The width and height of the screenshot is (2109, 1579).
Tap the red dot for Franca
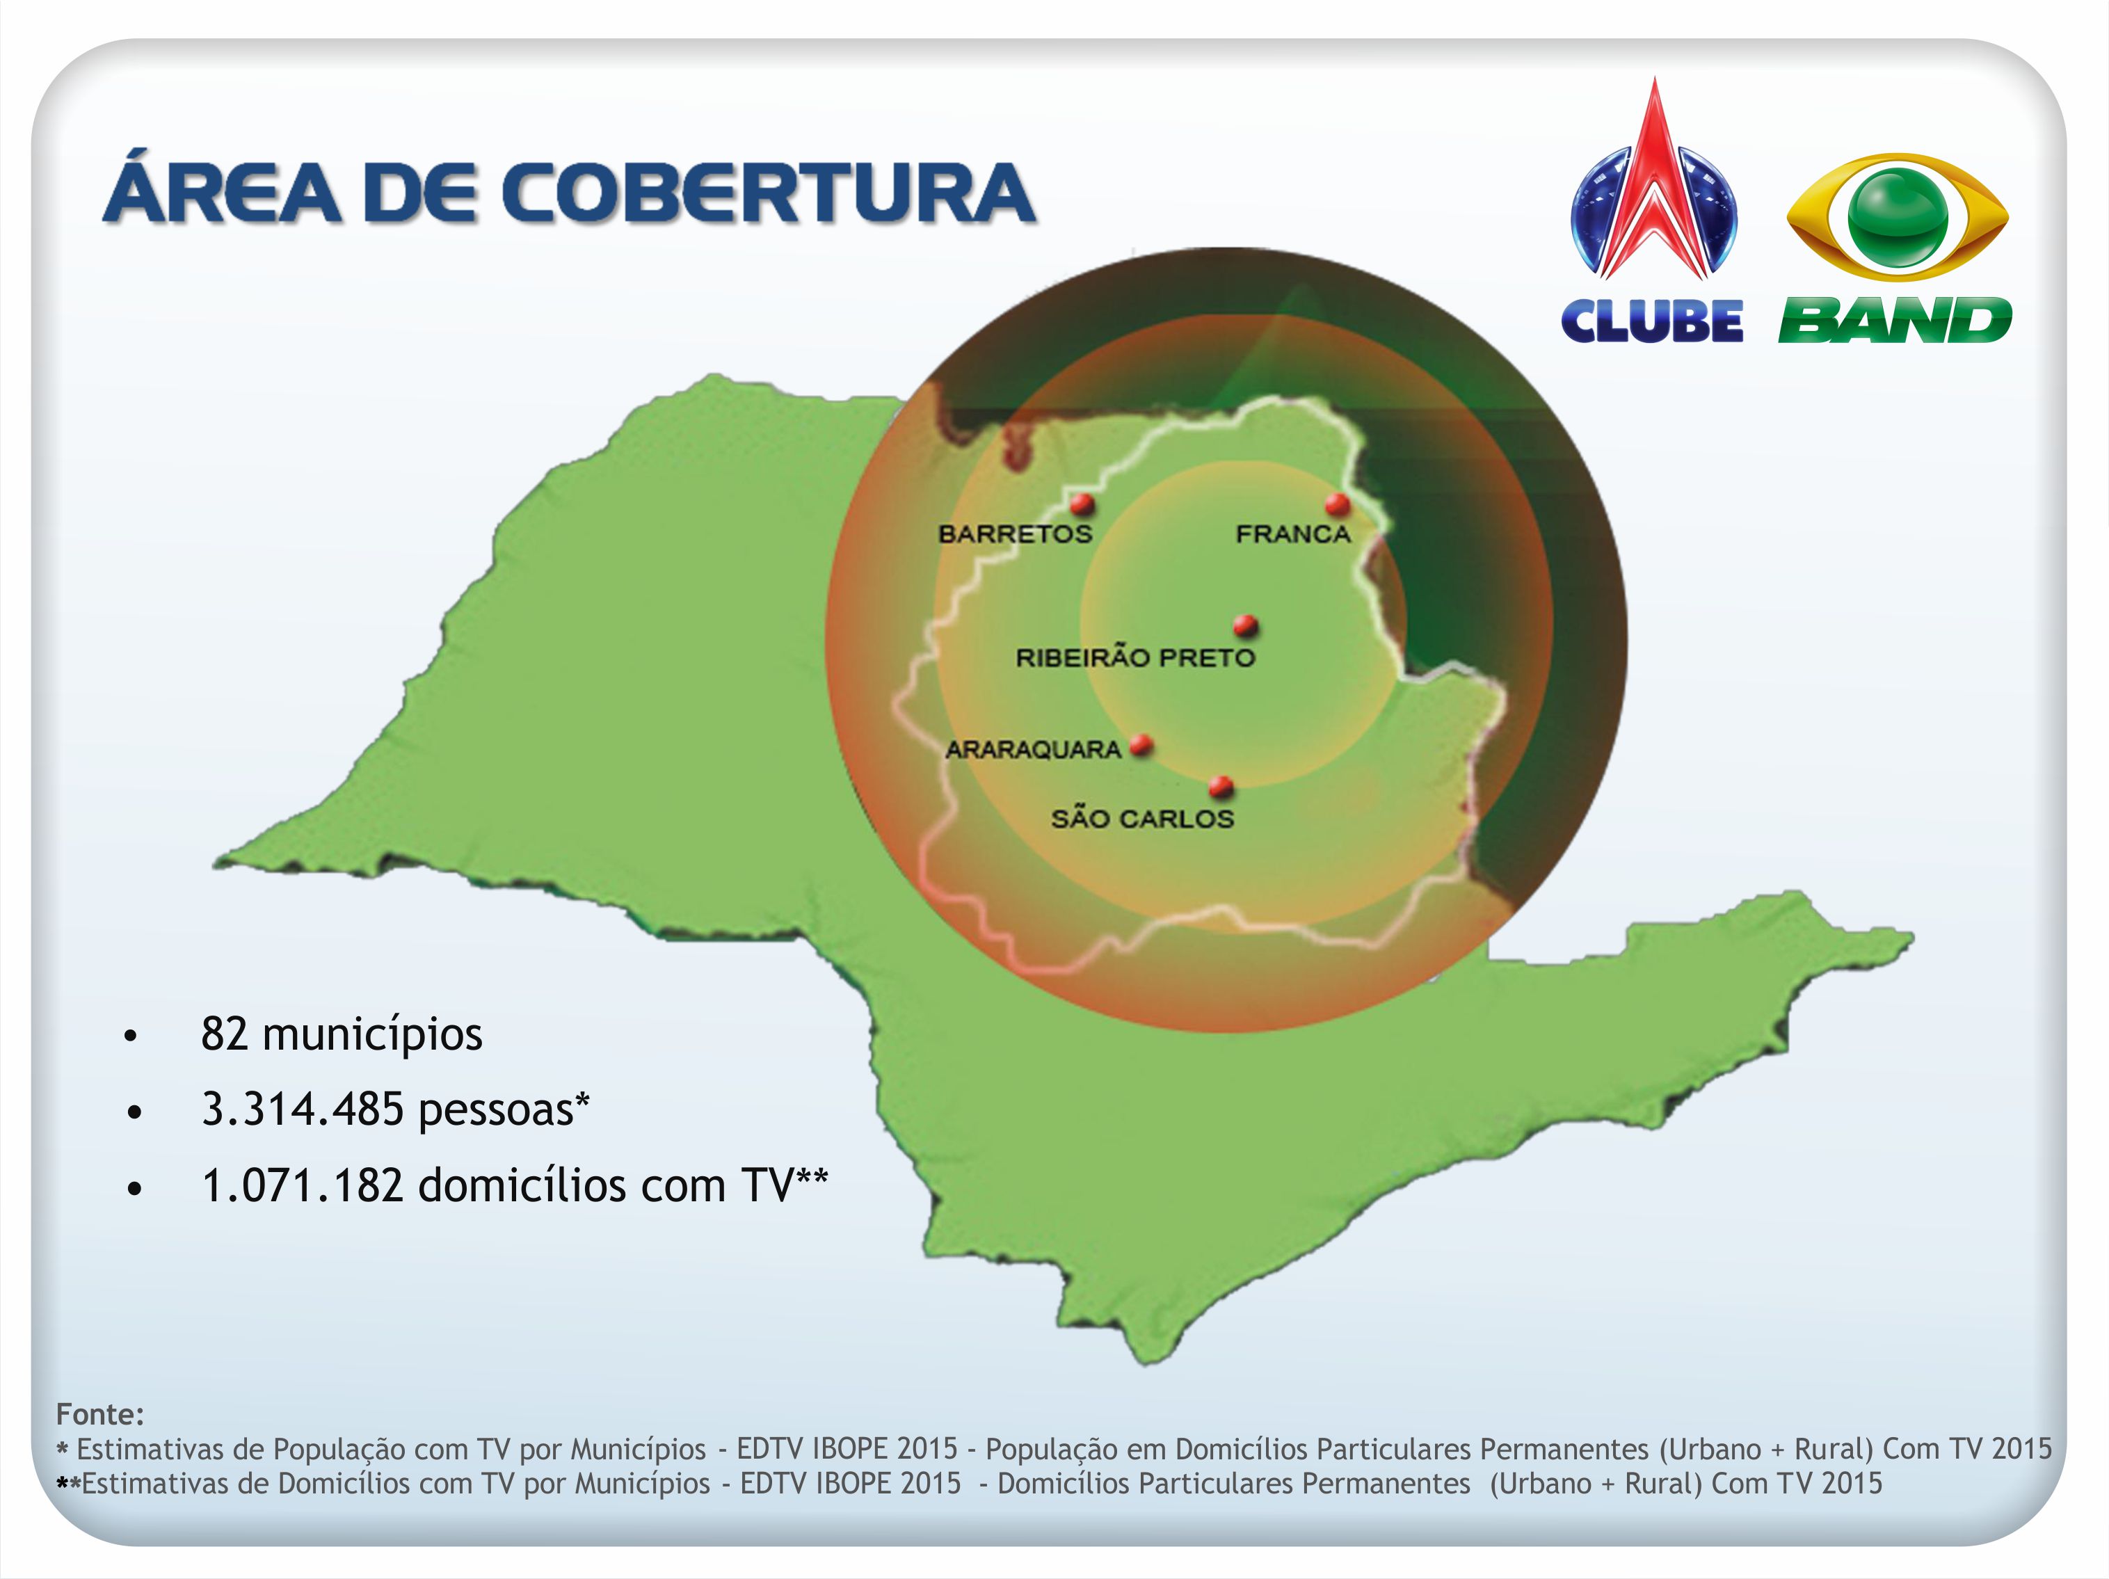[x=1338, y=504]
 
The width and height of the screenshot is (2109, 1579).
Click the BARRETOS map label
[x=1016, y=534]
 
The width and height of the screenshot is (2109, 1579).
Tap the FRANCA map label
[x=1293, y=534]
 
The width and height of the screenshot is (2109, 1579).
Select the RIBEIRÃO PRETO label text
[x=1136, y=657]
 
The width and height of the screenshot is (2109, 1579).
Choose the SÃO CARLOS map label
[x=1142, y=818]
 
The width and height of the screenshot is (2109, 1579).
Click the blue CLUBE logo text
[x=1652, y=321]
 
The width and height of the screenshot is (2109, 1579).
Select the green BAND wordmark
[x=1895, y=321]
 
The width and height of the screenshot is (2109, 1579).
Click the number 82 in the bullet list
[x=225, y=1034]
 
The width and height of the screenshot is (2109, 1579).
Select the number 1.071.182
[x=303, y=1186]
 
